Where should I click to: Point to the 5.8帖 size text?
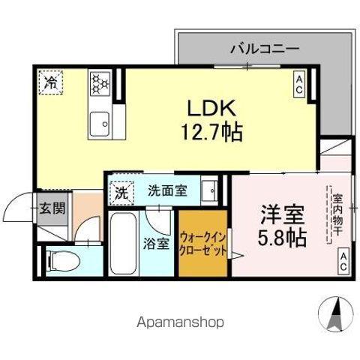click(x=282, y=238)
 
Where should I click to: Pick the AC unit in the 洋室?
click(x=341, y=262)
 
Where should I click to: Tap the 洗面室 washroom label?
click(x=166, y=191)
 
